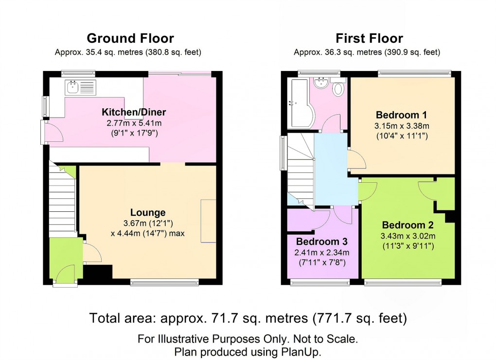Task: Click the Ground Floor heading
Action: tap(130, 38)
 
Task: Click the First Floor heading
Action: tap(369, 38)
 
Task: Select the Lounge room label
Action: tap(148, 213)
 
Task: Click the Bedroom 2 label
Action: tap(407, 225)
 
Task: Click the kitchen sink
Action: tap(73, 87)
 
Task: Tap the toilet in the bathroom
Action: tap(338, 88)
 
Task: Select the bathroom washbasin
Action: tap(321, 84)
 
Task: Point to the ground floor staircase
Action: tap(62, 202)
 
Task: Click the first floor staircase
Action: tap(300, 170)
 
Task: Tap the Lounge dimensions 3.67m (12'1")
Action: tap(147, 223)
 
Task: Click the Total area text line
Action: tap(248, 319)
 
